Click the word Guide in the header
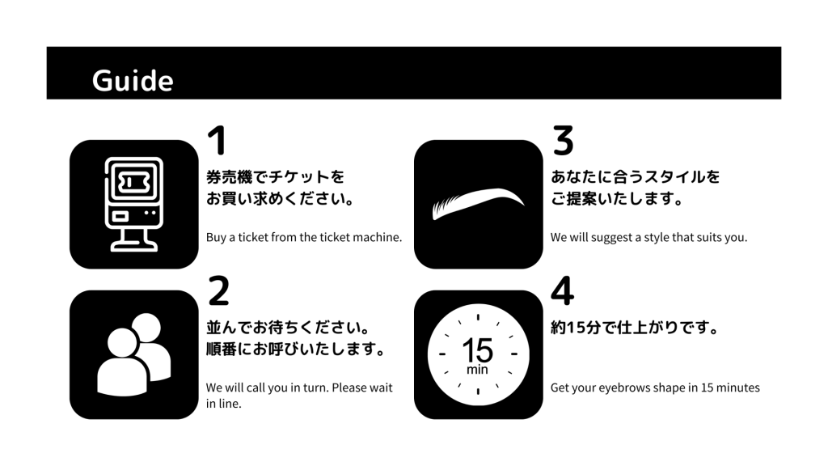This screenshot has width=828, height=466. tap(132, 81)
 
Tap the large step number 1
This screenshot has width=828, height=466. tap(216, 141)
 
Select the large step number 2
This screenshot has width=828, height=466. tap(218, 291)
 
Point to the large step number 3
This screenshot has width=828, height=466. tap(563, 141)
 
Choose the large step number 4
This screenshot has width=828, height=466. tap(562, 291)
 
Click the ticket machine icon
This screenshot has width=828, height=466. tap(134, 204)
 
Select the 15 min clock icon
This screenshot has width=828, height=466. tap(478, 354)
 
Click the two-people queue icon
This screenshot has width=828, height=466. tap(134, 354)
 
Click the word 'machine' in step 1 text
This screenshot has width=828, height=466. tap(377, 237)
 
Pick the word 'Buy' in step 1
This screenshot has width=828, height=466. tap(216, 237)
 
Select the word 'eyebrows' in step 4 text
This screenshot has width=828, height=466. tap(623, 388)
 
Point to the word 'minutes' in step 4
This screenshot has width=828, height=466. tap(738, 388)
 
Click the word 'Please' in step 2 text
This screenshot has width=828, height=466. tap(349, 388)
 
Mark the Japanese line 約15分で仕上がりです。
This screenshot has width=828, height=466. tap(635, 328)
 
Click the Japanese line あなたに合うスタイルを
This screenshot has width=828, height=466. tap(635, 176)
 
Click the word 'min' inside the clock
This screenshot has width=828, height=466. tap(478, 371)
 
